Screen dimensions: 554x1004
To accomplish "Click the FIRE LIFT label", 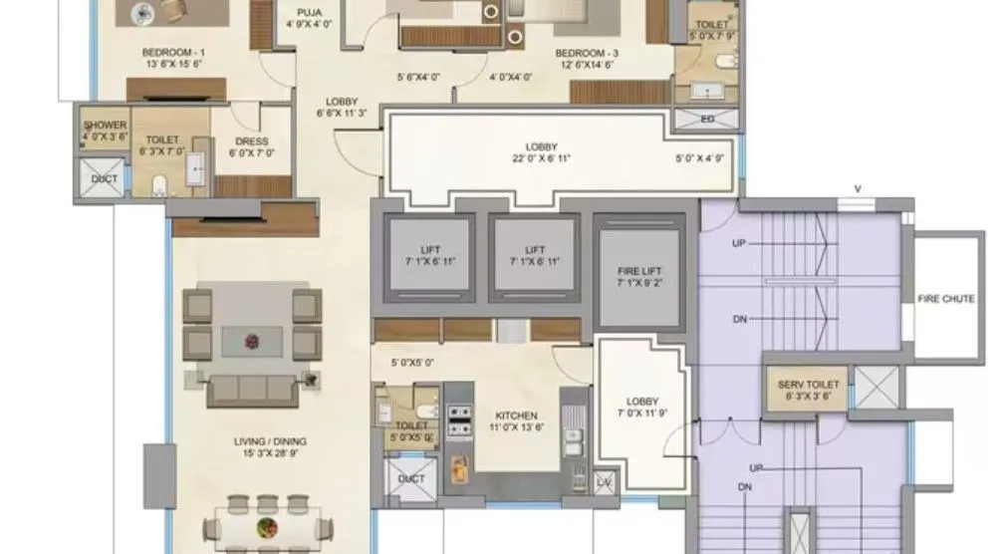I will (x=638, y=270).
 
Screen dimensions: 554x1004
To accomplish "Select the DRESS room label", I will (x=248, y=141).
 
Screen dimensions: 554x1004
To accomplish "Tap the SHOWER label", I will (x=105, y=126).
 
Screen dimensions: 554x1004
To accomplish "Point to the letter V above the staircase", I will (x=858, y=189).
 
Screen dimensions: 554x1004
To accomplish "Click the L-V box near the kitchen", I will (x=604, y=482).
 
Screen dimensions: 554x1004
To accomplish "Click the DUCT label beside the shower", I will (x=104, y=179).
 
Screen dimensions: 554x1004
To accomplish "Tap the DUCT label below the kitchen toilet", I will (x=410, y=479).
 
